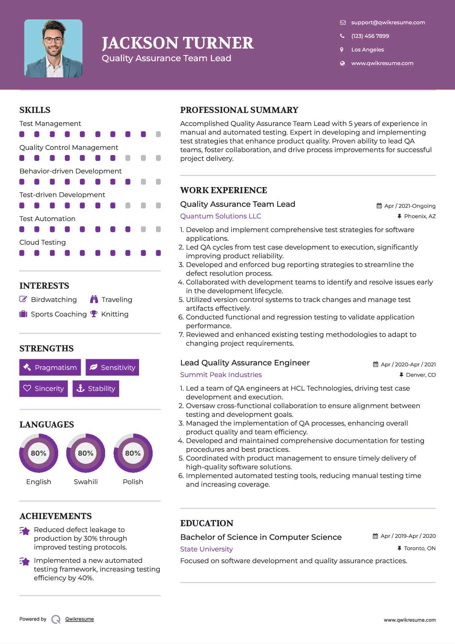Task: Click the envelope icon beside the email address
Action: coord(342,23)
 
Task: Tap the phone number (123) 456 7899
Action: coord(370,36)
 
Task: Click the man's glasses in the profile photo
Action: coord(53,40)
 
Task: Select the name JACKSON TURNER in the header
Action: coord(178,43)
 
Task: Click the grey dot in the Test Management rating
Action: coord(158,134)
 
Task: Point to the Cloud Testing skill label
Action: coord(42,242)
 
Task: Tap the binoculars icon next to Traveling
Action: coord(94,299)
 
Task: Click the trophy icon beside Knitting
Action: coord(94,314)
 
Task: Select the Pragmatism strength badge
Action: coord(50,367)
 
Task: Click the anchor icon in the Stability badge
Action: coord(80,388)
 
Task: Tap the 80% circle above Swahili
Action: coord(86,453)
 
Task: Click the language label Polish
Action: coord(133,482)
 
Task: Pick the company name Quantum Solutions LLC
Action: coord(221,216)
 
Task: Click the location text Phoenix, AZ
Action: coord(420,216)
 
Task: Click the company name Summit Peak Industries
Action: coord(221,375)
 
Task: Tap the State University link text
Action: coord(206,549)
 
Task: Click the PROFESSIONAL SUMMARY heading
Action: coord(239,110)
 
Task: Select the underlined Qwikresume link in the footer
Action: coord(80,619)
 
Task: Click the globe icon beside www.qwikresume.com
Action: coord(342,63)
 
